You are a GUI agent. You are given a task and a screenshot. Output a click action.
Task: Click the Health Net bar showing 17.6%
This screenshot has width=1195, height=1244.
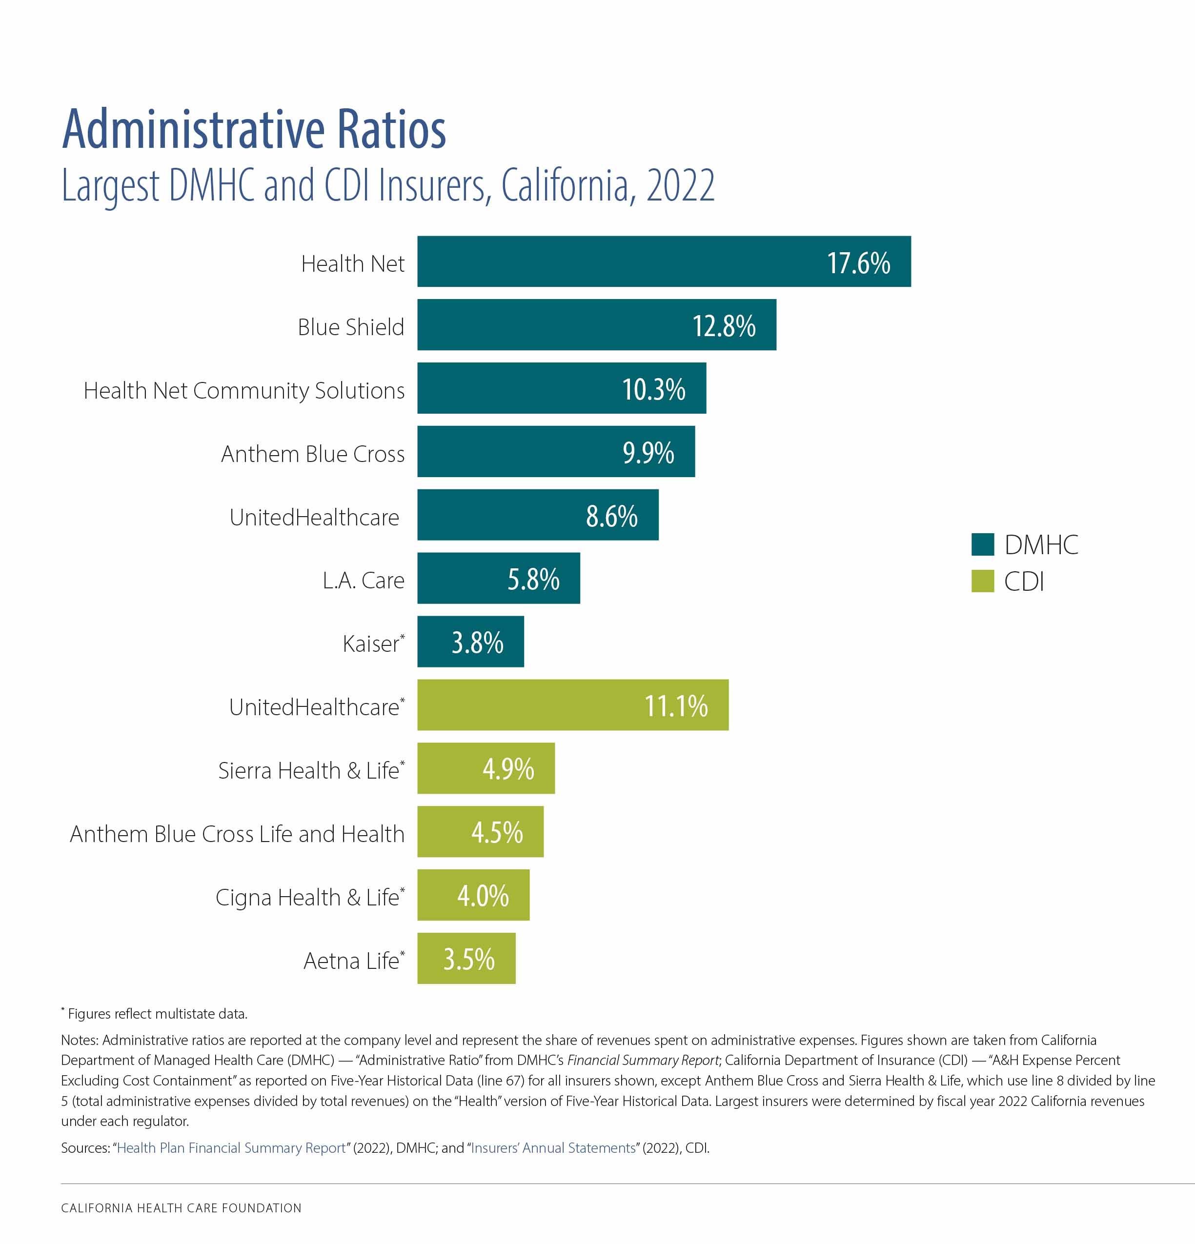(664, 261)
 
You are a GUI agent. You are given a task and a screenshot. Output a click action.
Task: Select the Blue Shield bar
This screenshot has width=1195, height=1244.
(596, 325)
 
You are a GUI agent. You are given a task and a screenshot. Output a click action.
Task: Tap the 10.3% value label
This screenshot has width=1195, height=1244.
(653, 389)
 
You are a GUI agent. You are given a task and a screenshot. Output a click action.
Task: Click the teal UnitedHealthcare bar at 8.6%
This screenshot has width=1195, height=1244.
(537, 515)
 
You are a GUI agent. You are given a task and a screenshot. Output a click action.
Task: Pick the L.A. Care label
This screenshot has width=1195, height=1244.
(363, 580)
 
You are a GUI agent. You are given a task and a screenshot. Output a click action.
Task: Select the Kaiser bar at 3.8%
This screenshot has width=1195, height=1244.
(470, 642)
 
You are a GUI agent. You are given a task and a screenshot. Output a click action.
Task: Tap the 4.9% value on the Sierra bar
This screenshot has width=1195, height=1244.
(508, 769)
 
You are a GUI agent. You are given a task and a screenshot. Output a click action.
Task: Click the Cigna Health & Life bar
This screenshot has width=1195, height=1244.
(473, 895)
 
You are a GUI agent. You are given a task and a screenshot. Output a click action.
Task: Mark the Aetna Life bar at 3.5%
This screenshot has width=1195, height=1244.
(466, 959)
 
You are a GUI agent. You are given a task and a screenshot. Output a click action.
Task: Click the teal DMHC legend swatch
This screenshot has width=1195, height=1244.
(982, 544)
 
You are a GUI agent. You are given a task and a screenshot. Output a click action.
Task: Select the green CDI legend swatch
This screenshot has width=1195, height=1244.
(982, 581)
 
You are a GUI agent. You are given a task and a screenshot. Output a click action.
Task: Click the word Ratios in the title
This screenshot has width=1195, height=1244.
(391, 130)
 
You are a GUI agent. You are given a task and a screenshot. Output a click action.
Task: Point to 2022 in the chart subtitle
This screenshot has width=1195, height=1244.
(680, 186)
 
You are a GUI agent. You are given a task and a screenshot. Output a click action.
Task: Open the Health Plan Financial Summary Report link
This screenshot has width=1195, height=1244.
(231, 1147)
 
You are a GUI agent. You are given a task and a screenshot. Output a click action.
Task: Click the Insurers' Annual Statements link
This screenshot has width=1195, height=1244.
(553, 1147)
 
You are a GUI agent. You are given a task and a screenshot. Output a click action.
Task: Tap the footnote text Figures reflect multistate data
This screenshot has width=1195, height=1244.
(158, 1014)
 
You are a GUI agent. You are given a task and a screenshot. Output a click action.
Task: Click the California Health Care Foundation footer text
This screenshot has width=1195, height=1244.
(181, 1208)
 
